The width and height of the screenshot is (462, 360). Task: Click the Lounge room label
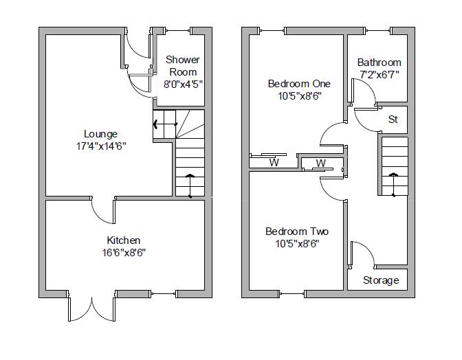click(x=100, y=134)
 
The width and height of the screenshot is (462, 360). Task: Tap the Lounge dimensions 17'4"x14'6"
click(x=100, y=146)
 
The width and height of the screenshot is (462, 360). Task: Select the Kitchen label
click(x=124, y=240)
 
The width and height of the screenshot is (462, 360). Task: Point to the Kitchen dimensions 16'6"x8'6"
click(x=124, y=252)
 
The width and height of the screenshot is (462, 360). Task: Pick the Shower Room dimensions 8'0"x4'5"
click(x=182, y=84)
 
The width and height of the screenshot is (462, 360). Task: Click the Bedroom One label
click(x=299, y=84)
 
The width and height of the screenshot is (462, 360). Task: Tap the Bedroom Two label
click(x=297, y=232)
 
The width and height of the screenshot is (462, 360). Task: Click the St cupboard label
click(x=393, y=120)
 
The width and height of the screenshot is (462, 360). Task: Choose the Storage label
click(x=381, y=280)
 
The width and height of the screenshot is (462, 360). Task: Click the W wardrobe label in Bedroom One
click(x=274, y=164)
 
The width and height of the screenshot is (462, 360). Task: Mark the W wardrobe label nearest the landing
click(x=320, y=164)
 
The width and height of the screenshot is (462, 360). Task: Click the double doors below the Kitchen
click(x=91, y=309)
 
